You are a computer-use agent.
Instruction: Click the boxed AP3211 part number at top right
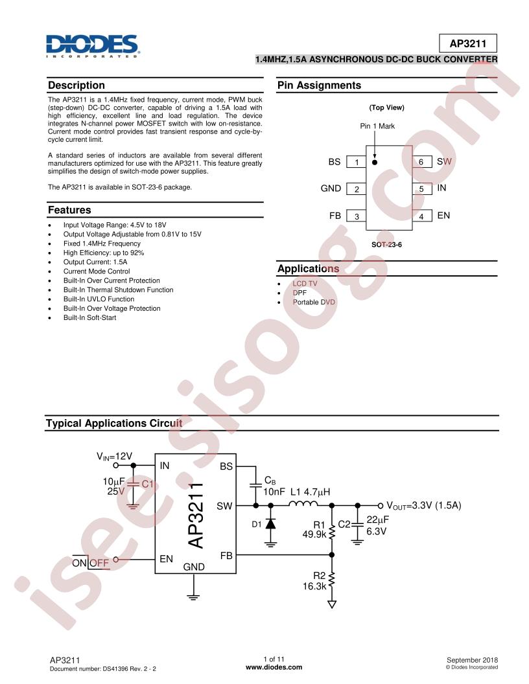pos(468,43)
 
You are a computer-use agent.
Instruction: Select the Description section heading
pos(76,85)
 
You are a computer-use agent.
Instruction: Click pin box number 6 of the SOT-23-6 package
pos(421,162)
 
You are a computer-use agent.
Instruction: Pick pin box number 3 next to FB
pos(356,216)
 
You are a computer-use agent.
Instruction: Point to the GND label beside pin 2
pos(331,188)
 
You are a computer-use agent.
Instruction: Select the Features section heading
pos(69,211)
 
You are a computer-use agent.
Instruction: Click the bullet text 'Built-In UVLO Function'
pos(99,299)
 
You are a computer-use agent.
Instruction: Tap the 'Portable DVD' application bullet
pos(314,302)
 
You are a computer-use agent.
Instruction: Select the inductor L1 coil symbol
pos(303,505)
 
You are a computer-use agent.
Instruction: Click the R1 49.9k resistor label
pos(313,530)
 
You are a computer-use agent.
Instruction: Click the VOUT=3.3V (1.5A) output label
pos(423,505)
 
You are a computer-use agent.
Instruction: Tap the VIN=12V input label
pos(115,456)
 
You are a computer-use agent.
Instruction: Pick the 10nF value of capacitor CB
pos(274,492)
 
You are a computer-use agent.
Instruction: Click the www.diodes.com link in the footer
pos(274,667)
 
